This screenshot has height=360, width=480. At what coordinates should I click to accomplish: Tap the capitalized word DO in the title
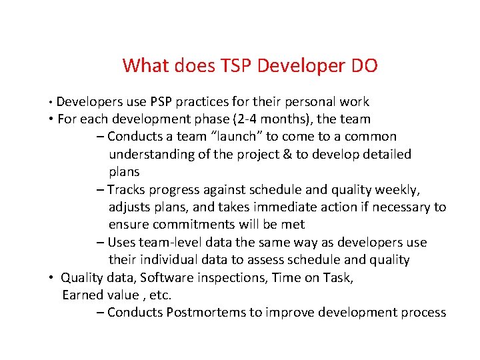click(x=363, y=66)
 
